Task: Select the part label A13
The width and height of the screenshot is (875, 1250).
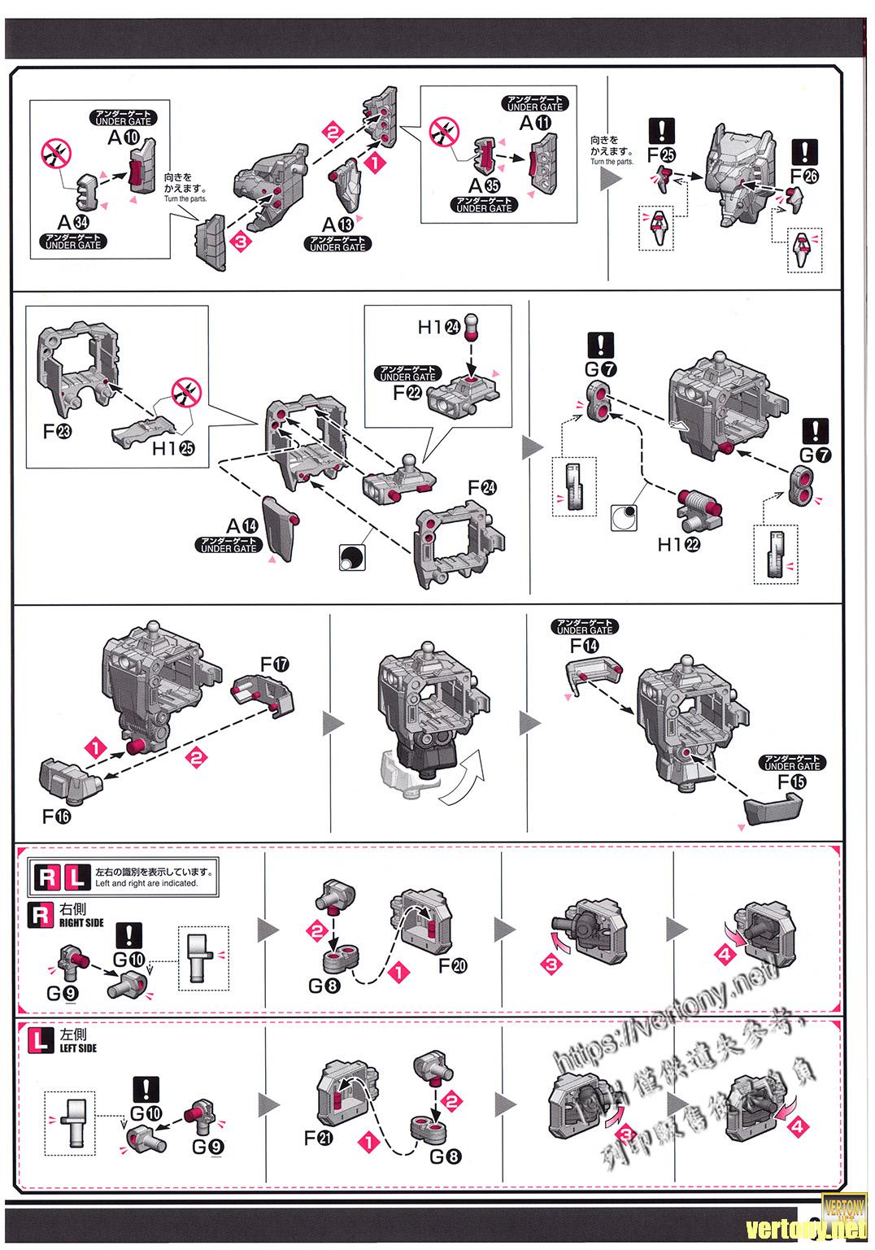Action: (x=337, y=224)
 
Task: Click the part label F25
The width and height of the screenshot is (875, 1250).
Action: (x=661, y=154)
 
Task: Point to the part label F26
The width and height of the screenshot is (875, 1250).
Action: (x=806, y=175)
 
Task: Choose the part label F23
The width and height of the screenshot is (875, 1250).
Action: (x=57, y=430)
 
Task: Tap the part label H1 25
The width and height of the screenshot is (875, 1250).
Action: (x=172, y=448)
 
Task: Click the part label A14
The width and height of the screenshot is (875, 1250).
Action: (x=242, y=525)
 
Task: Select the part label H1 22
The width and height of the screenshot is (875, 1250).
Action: (x=678, y=544)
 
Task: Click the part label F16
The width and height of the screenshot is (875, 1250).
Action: (x=57, y=816)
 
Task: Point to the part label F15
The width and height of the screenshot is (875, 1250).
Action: (x=793, y=782)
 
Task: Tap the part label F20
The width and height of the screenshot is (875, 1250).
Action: (x=453, y=965)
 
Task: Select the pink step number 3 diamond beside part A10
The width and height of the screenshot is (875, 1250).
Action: (x=242, y=242)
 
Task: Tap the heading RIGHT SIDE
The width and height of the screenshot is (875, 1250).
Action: (x=81, y=923)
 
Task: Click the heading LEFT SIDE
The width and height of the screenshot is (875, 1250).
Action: (x=78, y=1048)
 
